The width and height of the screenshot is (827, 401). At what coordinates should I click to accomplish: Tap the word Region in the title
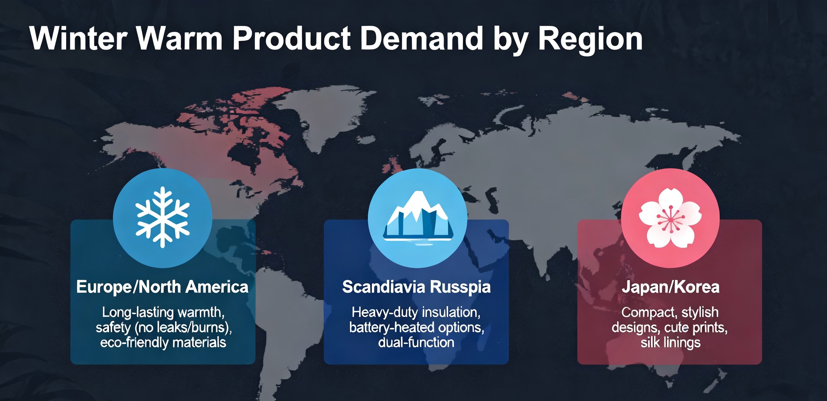coord(590,41)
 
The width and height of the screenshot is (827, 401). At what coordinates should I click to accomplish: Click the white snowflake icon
coord(162,217)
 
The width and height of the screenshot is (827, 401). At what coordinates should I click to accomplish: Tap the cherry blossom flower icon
coord(670,218)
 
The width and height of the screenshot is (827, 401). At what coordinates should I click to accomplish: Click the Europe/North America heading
coord(162,287)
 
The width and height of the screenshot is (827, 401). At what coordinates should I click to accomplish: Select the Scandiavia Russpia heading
coord(416,287)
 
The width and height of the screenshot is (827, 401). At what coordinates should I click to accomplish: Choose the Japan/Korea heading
coord(670,287)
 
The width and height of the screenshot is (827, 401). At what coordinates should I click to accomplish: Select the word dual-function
coord(416,342)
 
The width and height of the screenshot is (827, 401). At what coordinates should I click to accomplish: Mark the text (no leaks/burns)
coord(183,328)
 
